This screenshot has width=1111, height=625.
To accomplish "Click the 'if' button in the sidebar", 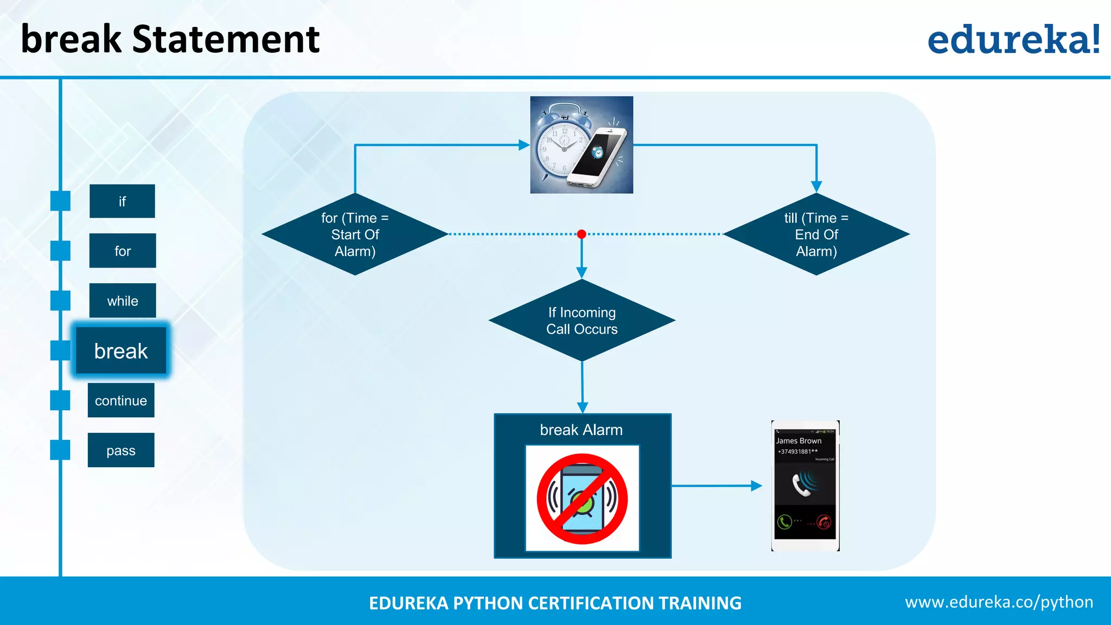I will point(122,201).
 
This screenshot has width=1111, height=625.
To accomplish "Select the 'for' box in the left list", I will point(123,251).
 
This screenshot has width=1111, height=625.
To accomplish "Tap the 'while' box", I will point(123,301).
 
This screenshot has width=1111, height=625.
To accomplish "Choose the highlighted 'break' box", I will point(121,350).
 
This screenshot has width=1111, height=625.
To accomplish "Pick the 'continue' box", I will point(121,400).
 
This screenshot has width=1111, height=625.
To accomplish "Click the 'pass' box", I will point(121,450).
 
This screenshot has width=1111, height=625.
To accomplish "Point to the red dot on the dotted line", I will point(582,234).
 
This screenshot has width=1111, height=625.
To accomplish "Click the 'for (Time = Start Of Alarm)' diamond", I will point(355,234).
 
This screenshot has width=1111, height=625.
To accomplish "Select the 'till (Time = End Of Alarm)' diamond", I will point(816,234).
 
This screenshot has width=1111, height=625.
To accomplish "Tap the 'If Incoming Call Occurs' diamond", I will point(582,321).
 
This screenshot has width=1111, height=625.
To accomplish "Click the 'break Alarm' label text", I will point(581,430).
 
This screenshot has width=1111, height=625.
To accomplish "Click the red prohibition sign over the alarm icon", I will point(582,499).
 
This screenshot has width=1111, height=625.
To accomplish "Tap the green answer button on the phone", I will point(784,522).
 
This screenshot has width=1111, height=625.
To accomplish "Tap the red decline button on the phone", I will point(824,522).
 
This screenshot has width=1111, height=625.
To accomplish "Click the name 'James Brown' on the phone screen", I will point(799,441).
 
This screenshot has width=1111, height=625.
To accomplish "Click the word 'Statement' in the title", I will point(226,39).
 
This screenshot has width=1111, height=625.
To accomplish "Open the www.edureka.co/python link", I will point(999,602).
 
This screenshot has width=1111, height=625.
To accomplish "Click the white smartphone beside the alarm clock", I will point(599,157).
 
